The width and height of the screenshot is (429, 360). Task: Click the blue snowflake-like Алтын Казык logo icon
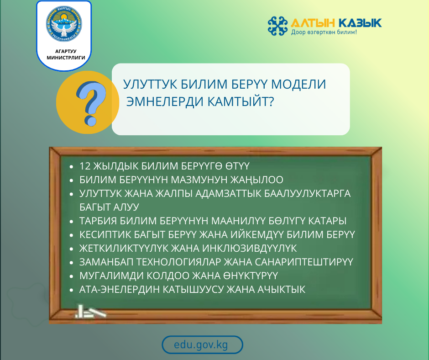[277, 26]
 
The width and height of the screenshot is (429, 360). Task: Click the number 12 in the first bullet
[85, 166]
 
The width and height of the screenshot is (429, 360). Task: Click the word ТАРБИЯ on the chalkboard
[95, 221]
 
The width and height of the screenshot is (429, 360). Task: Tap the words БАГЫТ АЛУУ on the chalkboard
[109, 206]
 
